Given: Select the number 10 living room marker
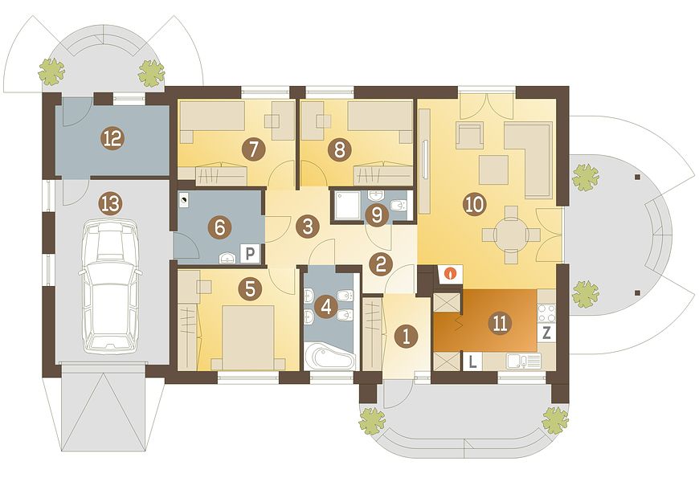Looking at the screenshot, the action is (474, 204).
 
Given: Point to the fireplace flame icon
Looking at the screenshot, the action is (452, 273).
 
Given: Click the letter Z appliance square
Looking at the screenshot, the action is (547, 333).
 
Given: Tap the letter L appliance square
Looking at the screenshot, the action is (473, 361).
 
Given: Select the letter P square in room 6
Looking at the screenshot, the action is (250, 254).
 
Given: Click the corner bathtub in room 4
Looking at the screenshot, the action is (330, 354).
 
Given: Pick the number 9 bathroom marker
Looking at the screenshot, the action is (377, 216).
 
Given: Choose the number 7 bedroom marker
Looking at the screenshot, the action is (253, 149).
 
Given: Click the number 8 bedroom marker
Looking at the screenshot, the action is (339, 149).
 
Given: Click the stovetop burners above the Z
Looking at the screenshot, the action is (547, 312).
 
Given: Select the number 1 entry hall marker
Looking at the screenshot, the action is (405, 336).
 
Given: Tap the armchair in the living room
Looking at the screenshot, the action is (470, 135).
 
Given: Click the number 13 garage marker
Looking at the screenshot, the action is (111, 205).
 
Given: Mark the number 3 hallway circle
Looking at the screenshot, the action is (308, 226).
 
